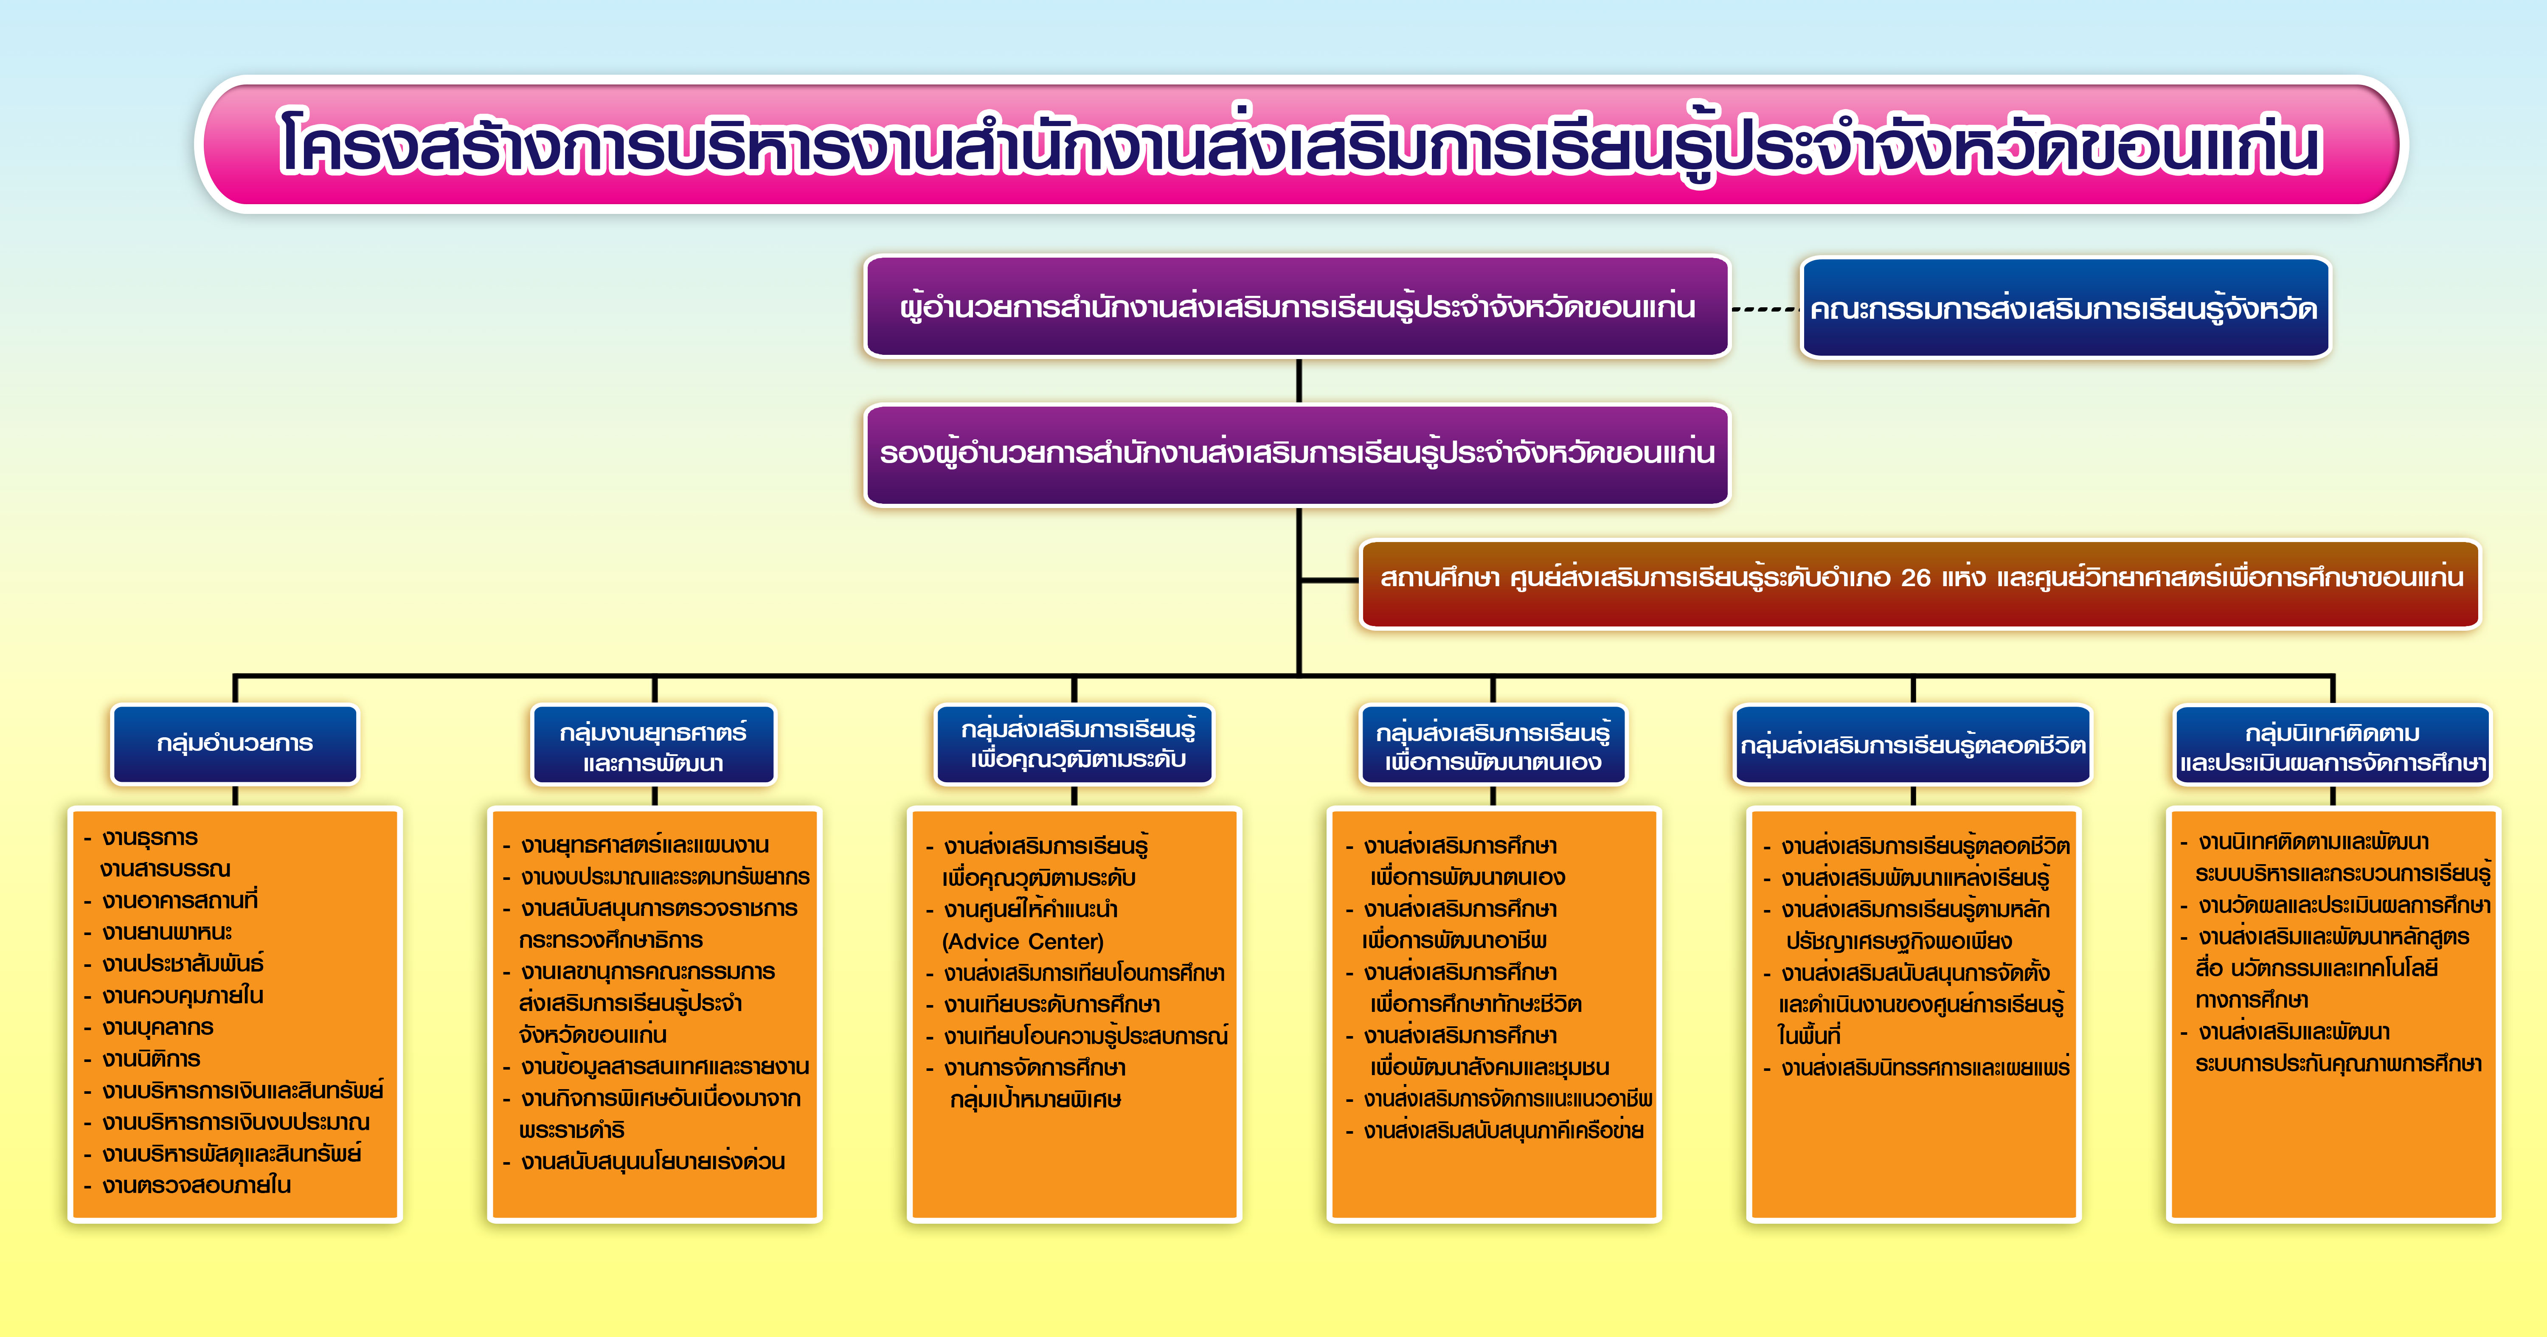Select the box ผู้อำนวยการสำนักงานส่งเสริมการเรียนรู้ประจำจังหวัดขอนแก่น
tap(1297, 306)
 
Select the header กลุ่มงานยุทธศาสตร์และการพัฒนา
tap(654, 746)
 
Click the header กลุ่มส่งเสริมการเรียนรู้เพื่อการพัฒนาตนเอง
tap(1493, 746)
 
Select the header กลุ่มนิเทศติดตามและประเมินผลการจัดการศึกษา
tap(2333, 746)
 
